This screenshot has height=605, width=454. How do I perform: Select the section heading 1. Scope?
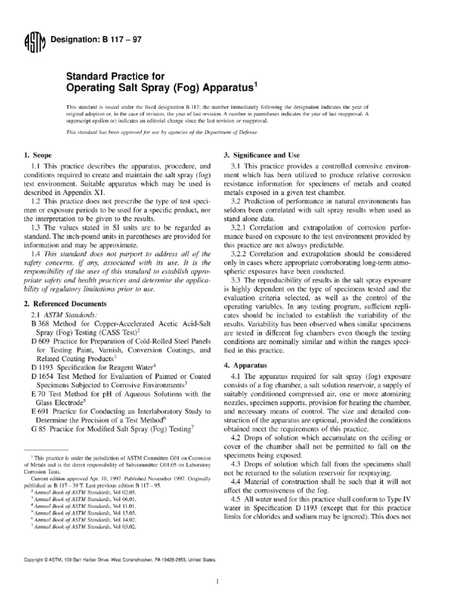(37, 155)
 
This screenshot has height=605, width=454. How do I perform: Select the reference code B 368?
(40, 325)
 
